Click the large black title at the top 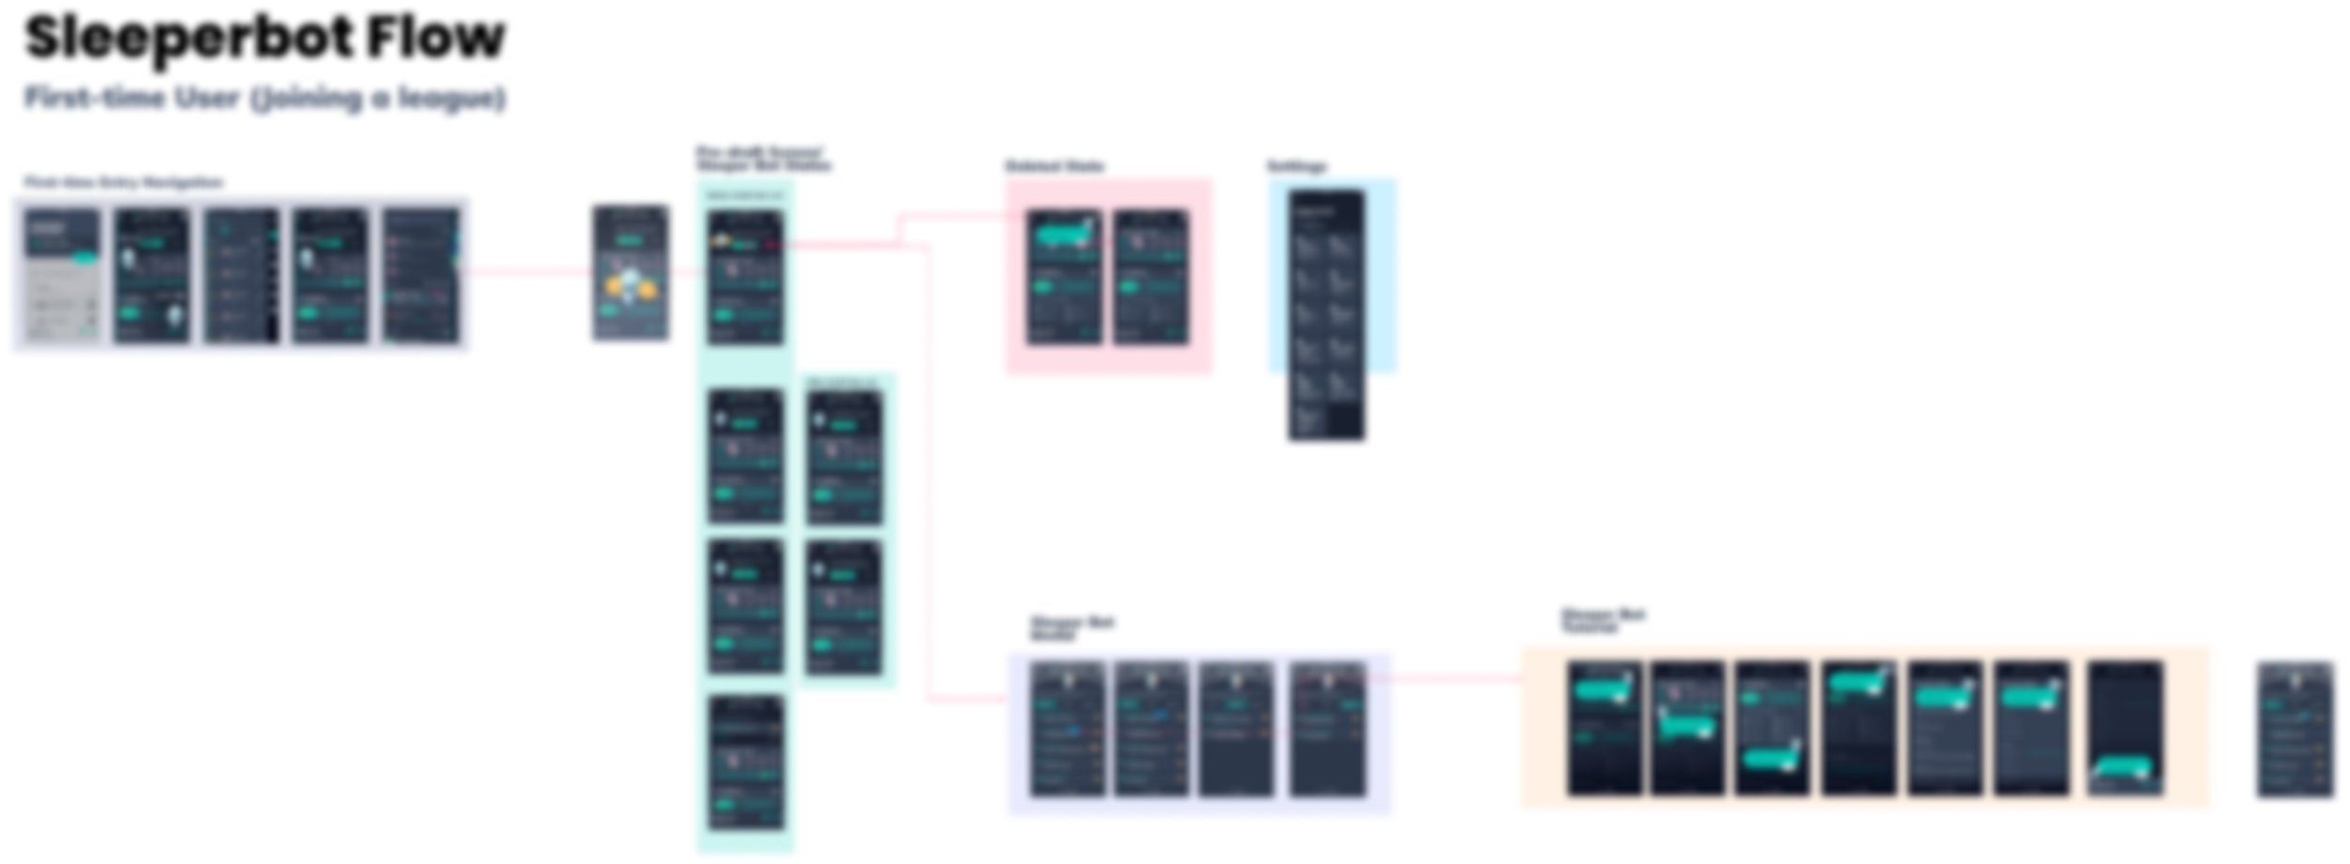265,38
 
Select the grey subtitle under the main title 265,99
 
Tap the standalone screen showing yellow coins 631,274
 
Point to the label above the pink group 1054,165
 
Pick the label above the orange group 1602,619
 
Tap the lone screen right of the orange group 2295,731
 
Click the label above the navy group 122,181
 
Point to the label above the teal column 762,158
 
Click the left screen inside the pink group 1065,277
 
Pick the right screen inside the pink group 1151,277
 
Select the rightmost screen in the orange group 2126,729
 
